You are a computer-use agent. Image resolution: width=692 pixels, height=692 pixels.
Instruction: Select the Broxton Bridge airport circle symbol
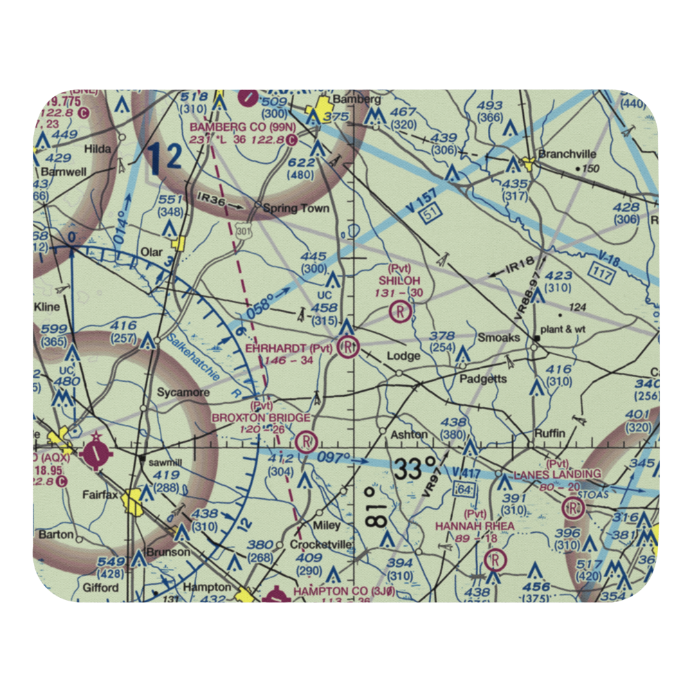pyautogui.click(x=305, y=440)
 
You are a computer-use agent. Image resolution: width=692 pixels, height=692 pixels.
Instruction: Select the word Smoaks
pyautogui.click(x=499, y=338)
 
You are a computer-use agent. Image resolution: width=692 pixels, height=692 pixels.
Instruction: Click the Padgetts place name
pyautogui.click(x=483, y=379)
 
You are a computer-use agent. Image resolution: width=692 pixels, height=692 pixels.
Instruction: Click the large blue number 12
pyautogui.click(x=165, y=158)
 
